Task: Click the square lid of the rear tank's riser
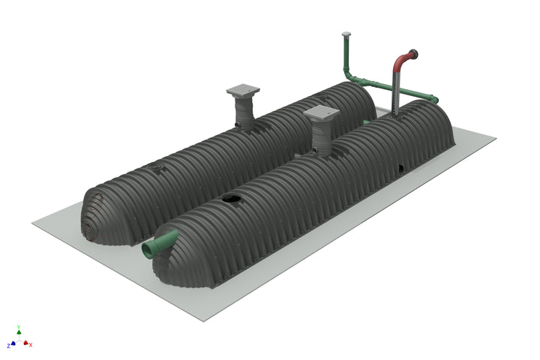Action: (243, 91)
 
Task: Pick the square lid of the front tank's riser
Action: (322, 113)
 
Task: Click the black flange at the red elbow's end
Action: (413, 53)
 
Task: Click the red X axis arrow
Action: (27, 343)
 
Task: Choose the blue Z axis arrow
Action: (12, 343)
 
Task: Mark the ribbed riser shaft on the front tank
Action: (323, 136)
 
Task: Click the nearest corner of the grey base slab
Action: (203, 320)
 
